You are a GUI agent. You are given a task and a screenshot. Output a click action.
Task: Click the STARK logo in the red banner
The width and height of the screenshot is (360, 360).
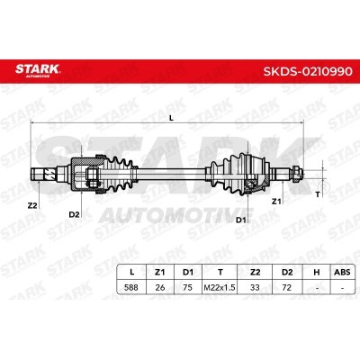(38, 70)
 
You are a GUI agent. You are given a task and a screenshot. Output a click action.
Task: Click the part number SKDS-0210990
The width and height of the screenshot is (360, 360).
(308, 71)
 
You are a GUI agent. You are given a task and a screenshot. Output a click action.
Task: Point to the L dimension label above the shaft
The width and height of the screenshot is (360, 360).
(171, 118)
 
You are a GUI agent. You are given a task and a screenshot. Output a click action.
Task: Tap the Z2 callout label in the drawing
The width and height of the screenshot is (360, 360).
(32, 205)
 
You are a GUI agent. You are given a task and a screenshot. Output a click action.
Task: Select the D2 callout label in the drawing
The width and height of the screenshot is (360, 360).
(74, 214)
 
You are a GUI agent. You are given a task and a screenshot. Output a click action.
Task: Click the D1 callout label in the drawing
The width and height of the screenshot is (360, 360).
(241, 220)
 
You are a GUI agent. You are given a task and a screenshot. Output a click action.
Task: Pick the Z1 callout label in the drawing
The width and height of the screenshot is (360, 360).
(276, 202)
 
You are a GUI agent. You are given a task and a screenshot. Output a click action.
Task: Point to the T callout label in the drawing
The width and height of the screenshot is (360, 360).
(318, 194)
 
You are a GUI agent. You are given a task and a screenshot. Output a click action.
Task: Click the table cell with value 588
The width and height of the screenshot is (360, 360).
(131, 287)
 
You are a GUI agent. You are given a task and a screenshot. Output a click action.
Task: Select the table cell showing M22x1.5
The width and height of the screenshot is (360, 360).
(220, 288)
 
